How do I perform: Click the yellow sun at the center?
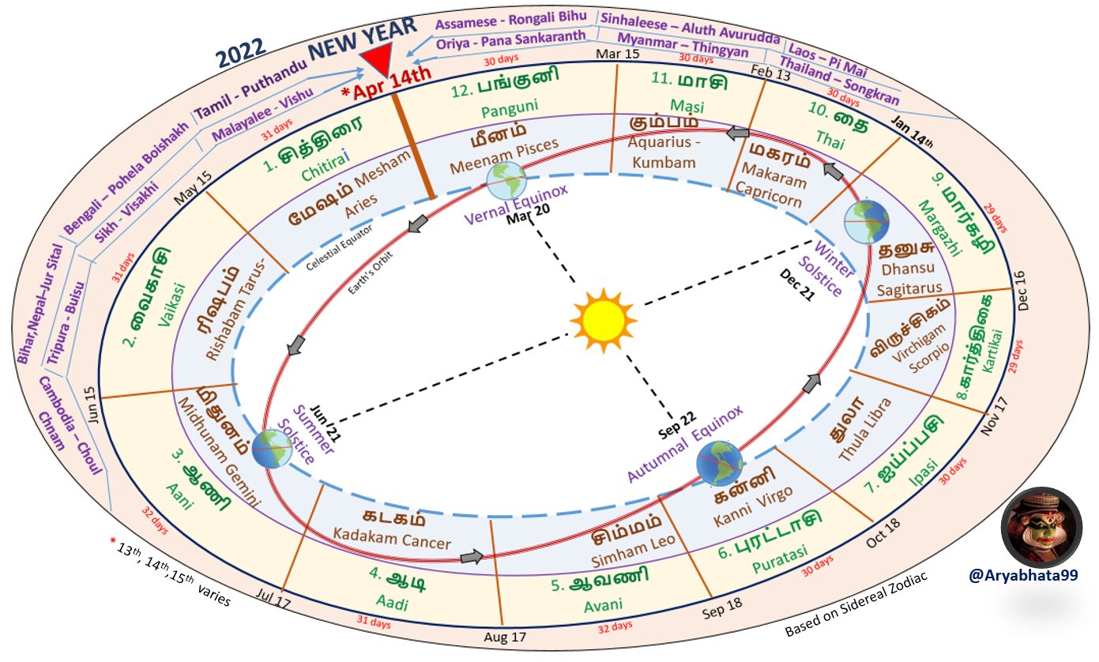coord(603,321)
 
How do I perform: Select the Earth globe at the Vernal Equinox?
coord(506,181)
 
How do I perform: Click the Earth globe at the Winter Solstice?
coord(867,221)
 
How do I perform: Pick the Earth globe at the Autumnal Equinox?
coord(719,464)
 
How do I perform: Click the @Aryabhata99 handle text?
coord(1023,576)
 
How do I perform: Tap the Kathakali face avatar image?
coord(1041,527)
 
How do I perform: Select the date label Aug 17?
coord(505,637)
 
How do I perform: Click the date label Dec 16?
coord(1022,291)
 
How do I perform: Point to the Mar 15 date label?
coord(617,54)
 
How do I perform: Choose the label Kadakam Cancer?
coord(392,538)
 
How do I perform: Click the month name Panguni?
coord(510,108)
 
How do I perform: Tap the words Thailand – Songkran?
coord(840,81)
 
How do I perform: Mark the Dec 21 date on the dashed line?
coord(797,284)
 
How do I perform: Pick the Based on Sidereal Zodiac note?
coord(856,604)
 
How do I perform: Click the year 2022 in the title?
coord(240,52)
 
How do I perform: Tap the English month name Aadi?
coord(392,602)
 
